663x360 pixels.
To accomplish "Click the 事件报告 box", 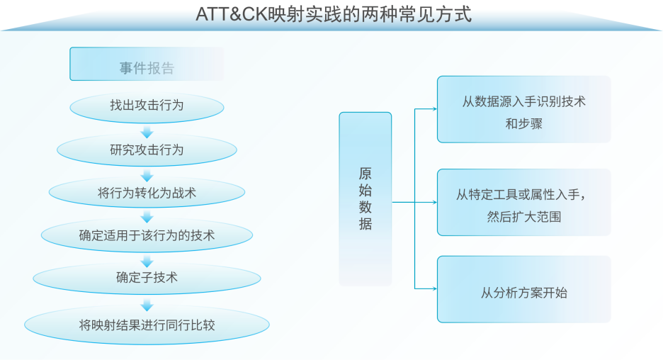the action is [x=147, y=64].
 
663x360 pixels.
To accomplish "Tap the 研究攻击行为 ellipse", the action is [x=147, y=150].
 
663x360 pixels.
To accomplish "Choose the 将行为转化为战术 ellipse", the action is [x=147, y=193].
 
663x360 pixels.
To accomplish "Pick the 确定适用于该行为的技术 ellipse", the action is [x=147, y=235].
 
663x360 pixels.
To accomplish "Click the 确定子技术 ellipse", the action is [x=147, y=278].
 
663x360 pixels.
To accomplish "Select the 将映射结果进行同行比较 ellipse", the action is [x=147, y=325].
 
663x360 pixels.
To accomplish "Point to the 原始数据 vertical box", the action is [x=365, y=199].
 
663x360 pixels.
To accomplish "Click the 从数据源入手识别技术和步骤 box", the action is [x=524, y=110].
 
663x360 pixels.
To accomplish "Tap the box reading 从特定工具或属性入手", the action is [x=524, y=202].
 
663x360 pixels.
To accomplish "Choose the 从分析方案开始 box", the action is [x=524, y=289].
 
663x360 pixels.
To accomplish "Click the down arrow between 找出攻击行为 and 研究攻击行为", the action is [x=147, y=132].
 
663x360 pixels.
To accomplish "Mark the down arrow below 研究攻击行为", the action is [x=147, y=175].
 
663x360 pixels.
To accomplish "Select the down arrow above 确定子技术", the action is [x=147, y=261].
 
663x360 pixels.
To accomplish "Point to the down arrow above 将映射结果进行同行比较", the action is [x=147, y=304].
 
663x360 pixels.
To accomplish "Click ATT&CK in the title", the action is [x=232, y=14].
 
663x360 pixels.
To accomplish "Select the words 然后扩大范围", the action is [x=524, y=217].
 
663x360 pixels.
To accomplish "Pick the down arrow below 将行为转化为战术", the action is [x=147, y=217].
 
